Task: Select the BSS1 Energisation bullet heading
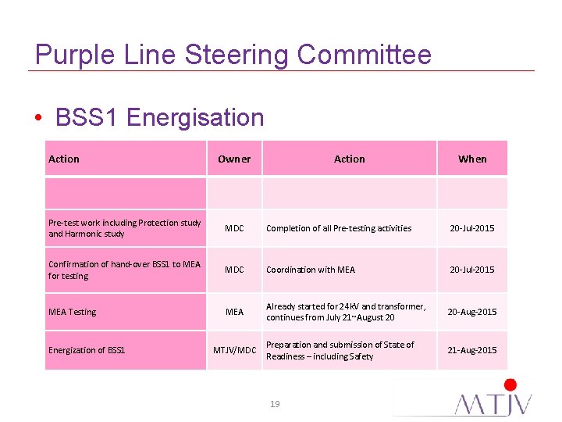[x=160, y=117]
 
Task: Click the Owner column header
[x=234, y=159]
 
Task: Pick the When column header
[x=472, y=159]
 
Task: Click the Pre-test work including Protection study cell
[x=125, y=228]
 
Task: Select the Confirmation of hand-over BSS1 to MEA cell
[x=125, y=270]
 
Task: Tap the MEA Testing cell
[x=73, y=312]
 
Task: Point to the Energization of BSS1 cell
[x=87, y=350]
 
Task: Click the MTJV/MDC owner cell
[x=235, y=350]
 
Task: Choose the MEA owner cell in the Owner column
[x=234, y=312]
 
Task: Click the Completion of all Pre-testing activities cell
[x=339, y=228]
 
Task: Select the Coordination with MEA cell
[x=311, y=270]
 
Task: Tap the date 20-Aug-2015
[x=471, y=312]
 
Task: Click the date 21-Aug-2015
[x=471, y=350]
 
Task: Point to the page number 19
[x=274, y=404]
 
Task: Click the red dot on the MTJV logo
[x=510, y=384]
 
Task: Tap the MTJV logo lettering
[x=495, y=403]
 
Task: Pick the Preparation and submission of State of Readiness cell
[x=340, y=350]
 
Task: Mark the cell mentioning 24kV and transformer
[x=346, y=312]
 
